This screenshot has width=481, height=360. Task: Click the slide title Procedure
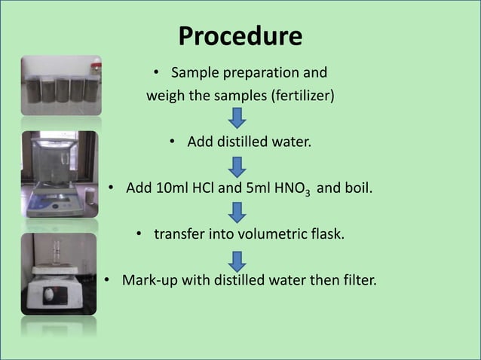pos(240,36)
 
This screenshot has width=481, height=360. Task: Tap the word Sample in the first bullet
pos(192,73)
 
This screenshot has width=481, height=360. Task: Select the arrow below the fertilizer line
pos(237,118)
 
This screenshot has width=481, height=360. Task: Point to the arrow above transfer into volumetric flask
pos(237,212)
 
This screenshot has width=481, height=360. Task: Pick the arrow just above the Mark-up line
pos(237,261)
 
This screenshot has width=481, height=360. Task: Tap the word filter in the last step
pos(358,281)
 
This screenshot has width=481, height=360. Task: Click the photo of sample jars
pos(60,84)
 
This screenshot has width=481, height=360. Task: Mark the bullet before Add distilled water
pos(173,141)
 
